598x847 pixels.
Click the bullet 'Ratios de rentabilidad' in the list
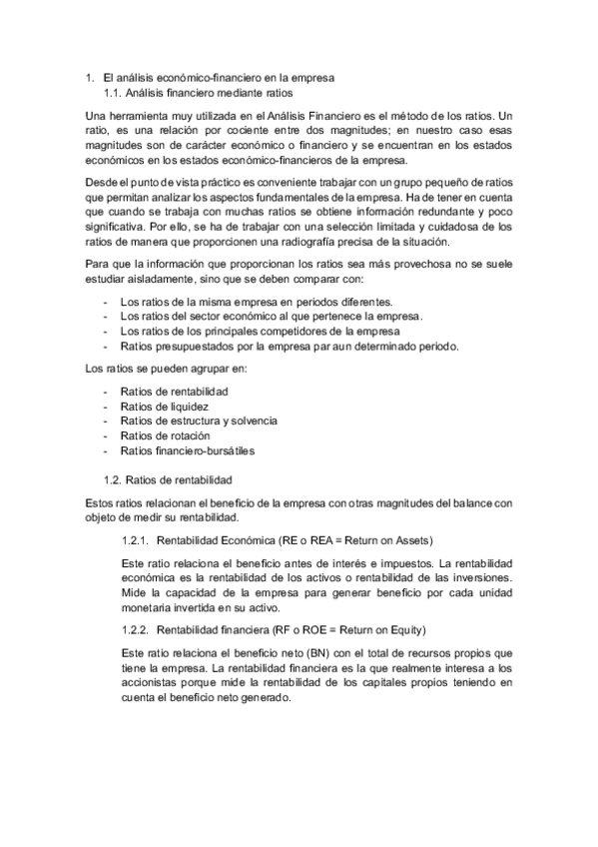point(174,392)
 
